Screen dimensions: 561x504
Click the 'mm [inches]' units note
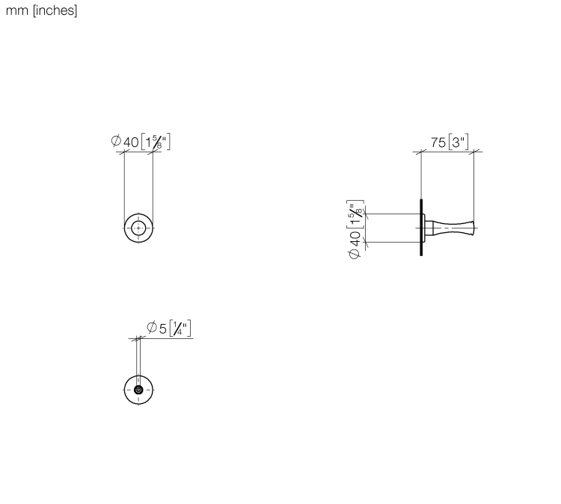point(41,10)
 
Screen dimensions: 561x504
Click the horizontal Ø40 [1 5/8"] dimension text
point(141,142)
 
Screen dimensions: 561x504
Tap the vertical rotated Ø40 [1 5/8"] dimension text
point(355,229)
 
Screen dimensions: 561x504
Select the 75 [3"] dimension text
point(450,142)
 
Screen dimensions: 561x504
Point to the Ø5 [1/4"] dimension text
point(169,328)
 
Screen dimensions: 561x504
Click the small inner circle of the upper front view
point(138,228)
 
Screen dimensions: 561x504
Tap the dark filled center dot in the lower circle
point(138,390)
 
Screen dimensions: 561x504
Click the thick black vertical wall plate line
point(421,228)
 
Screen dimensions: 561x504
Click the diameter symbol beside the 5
point(152,327)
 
